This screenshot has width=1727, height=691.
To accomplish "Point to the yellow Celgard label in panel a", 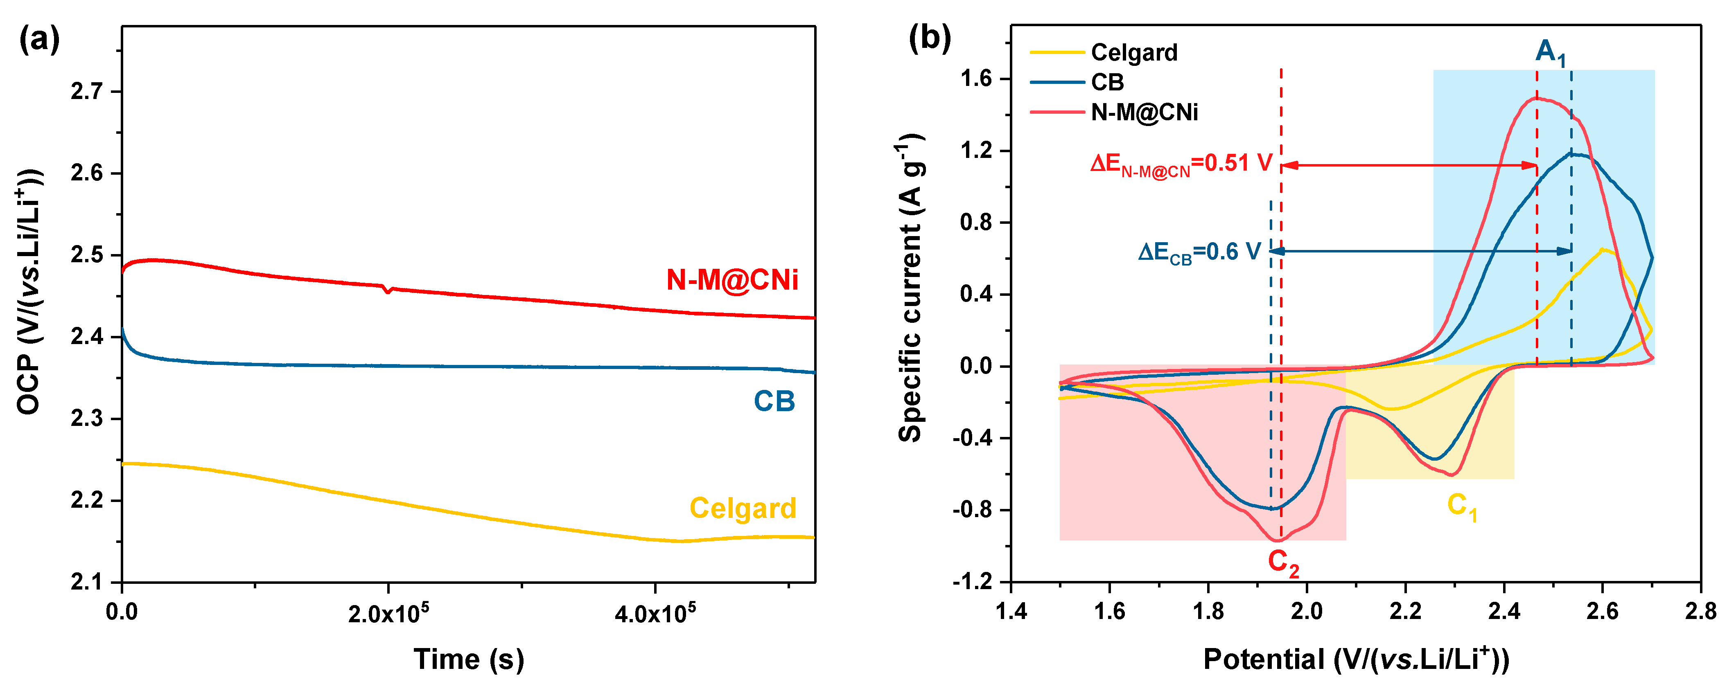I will pos(743,508).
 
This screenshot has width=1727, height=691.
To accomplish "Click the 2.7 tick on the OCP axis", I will pos(87,91).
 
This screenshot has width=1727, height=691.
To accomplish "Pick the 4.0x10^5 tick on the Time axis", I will pos(655,612).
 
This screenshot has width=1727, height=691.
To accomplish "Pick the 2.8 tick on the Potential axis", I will pos(1700,612).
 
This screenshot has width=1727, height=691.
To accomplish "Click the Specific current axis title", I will pos(910,288).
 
